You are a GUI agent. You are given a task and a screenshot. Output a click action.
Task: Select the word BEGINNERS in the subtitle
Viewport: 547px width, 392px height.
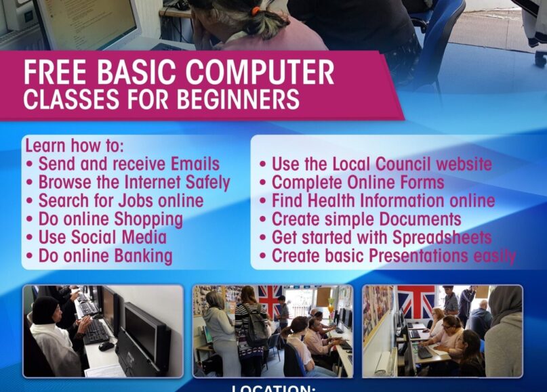[240, 100]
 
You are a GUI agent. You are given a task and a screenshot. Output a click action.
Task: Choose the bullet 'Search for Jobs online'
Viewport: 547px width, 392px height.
[121, 201]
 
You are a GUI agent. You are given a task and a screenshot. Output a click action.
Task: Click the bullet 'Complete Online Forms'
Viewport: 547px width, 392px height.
[358, 182]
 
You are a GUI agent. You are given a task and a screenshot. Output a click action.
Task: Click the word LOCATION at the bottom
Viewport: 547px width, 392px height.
[274, 389]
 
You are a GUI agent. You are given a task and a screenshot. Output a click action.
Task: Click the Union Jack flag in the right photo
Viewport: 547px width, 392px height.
[416, 301]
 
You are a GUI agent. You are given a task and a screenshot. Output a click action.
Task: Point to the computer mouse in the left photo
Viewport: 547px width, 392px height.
[106, 346]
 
